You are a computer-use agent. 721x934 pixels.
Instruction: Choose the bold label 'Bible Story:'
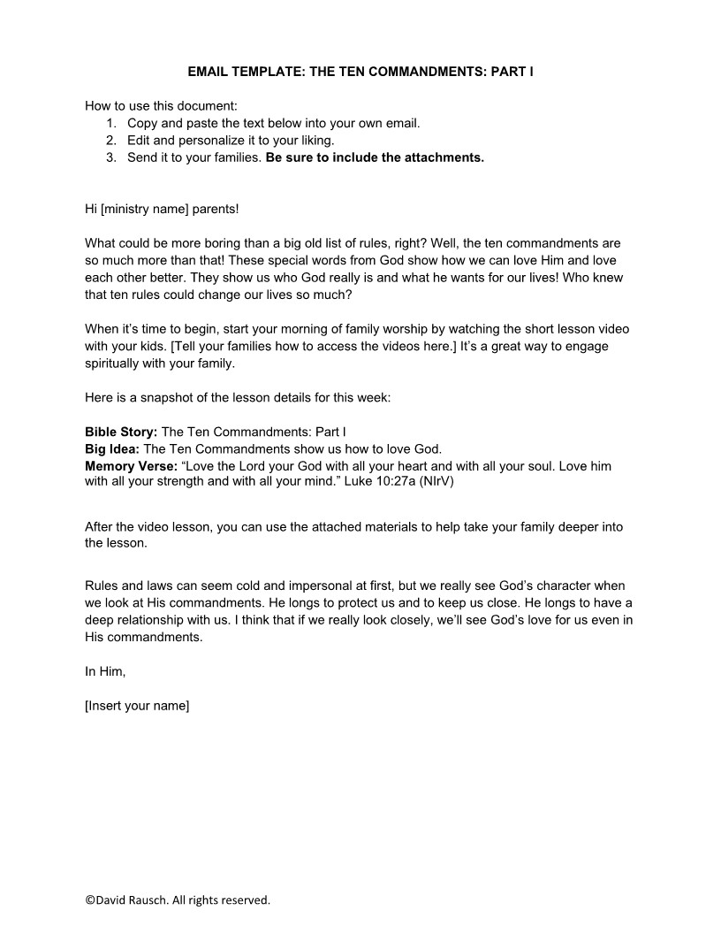coord(121,432)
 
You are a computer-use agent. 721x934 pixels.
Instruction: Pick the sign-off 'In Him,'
coord(105,671)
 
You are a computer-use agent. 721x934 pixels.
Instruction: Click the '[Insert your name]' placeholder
coord(137,706)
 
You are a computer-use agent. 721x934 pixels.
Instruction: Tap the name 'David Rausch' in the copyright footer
coord(131,900)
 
